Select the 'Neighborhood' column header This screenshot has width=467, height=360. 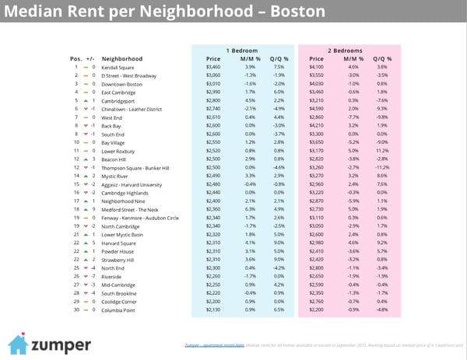[x=122, y=58]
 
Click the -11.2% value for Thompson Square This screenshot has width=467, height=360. [x=381, y=166]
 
